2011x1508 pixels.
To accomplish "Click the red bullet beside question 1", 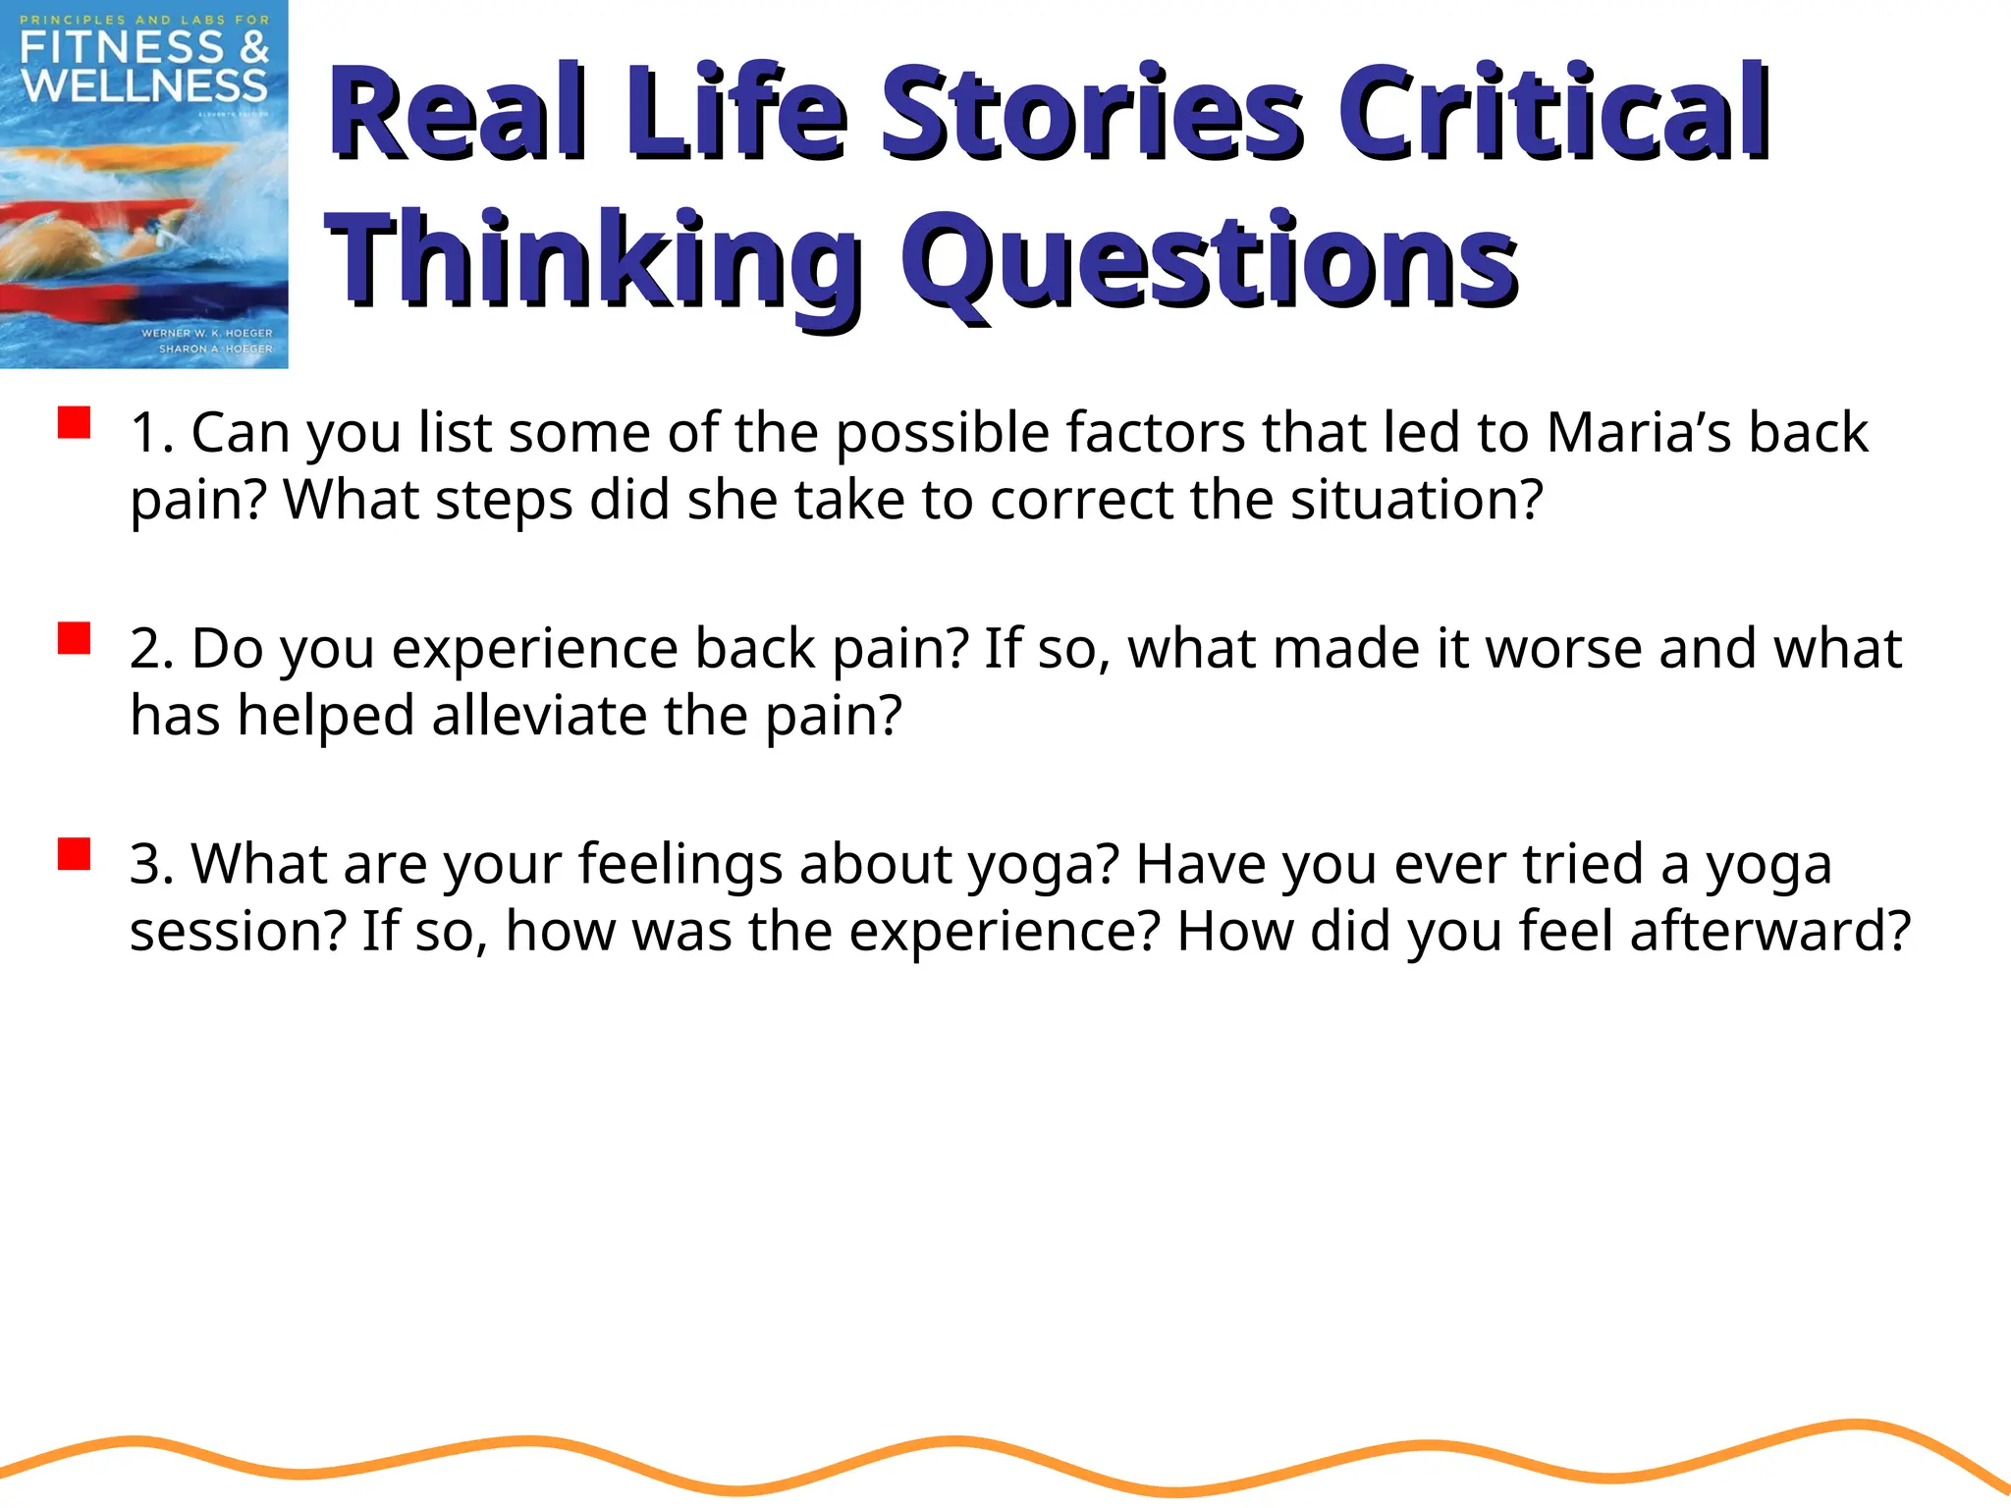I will click(x=74, y=423).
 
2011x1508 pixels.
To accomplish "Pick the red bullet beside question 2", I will click(x=74, y=638).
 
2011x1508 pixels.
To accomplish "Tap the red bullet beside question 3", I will click(x=74, y=854).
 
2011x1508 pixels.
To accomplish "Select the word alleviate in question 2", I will click(x=539, y=715).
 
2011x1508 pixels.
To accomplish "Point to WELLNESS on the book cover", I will click(x=144, y=86).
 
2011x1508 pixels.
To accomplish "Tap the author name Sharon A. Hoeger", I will click(x=216, y=349).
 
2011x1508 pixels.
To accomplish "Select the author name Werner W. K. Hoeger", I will click(x=207, y=333).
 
